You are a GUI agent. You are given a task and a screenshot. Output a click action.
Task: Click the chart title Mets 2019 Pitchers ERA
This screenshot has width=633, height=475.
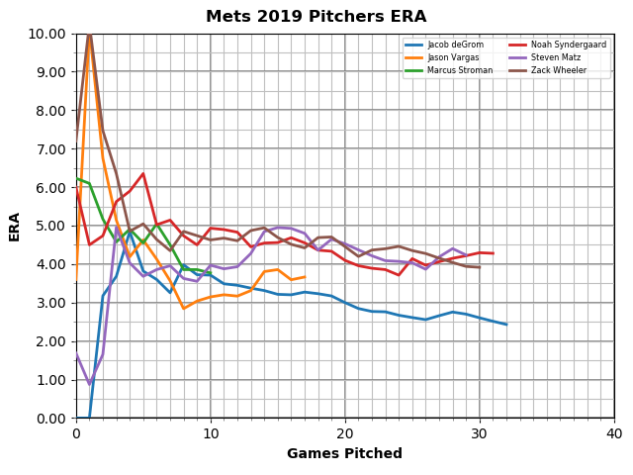pyautogui.click(x=316, y=17)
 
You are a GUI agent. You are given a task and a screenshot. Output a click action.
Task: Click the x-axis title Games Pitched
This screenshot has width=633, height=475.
pyautogui.click(x=344, y=454)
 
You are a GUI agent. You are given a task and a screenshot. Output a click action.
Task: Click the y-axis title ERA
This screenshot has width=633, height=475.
pyautogui.click(x=15, y=226)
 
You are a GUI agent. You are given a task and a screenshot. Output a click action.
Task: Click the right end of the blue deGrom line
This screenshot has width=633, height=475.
pyautogui.click(x=506, y=325)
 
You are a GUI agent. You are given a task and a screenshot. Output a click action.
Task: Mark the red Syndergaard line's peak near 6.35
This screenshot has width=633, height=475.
pyautogui.click(x=143, y=174)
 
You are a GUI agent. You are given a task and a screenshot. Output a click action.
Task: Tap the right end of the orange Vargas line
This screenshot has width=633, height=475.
pyautogui.click(x=305, y=277)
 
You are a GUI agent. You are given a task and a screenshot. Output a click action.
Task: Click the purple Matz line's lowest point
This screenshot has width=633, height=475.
pyautogui.click(x=90, y=384)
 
